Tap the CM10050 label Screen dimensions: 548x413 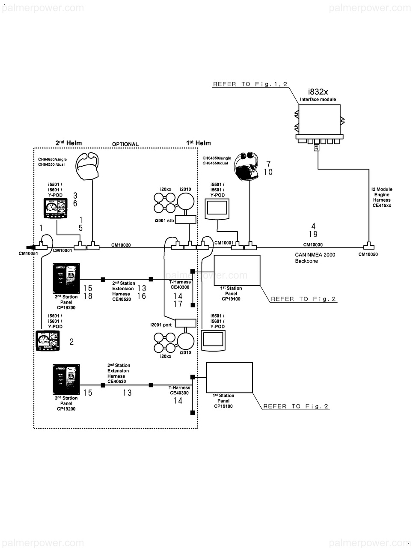tap(368, 254)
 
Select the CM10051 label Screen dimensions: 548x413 tap(28, 253)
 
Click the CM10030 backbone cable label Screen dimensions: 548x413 tap(313, 245)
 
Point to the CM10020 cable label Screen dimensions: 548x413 tap(121, 245)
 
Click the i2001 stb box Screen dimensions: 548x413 tap(186, 220)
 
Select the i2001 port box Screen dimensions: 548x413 tap(186, 323)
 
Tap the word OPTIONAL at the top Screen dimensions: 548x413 tap(125, 144)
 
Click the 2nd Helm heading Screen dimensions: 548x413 tap(68, 143)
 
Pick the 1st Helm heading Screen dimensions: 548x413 tap(199, 143)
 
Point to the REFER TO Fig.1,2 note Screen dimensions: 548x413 tap(250, 84)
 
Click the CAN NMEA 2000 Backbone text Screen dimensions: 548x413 tap(315, 258)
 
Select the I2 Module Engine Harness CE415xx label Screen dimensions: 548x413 tap(382, 197)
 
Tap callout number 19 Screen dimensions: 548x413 tap(313, 234)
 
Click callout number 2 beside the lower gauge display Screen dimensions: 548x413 tap(71, 341)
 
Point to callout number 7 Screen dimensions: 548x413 tap(268, 164)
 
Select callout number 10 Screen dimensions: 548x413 tap(268, 172)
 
